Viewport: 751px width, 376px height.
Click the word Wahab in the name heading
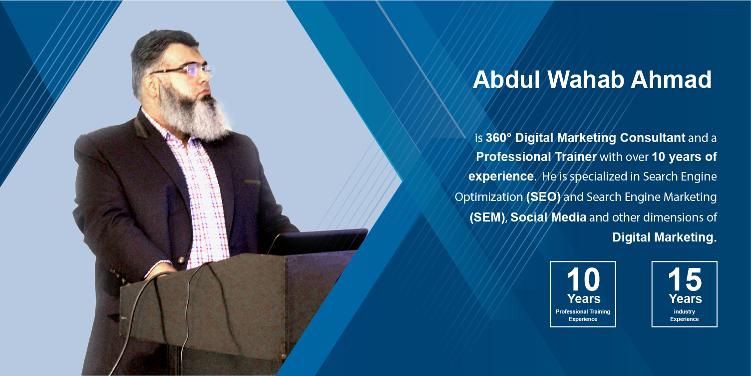coord(586,79)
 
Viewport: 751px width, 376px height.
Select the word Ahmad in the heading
coord(671,79)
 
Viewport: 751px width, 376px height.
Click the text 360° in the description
coord(498,137)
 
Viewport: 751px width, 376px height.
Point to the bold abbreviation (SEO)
coord(543,196)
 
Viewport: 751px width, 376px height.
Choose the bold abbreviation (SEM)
coord(487,217)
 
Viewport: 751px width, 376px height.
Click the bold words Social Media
coord(548,217)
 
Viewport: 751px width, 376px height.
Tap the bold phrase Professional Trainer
coord(536,157)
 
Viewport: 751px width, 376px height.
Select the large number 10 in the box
coord(583,279)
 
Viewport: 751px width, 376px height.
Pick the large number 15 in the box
coord(685,279)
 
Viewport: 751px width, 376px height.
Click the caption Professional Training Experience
coord(583,315)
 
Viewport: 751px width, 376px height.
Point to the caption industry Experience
coord(684,315)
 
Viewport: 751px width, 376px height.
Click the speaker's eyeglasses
coord(181,70)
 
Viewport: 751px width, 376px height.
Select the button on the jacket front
coord(181,260)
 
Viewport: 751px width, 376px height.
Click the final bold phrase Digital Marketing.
coord(665,237)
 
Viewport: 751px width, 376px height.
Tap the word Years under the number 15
coord(685,298)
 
